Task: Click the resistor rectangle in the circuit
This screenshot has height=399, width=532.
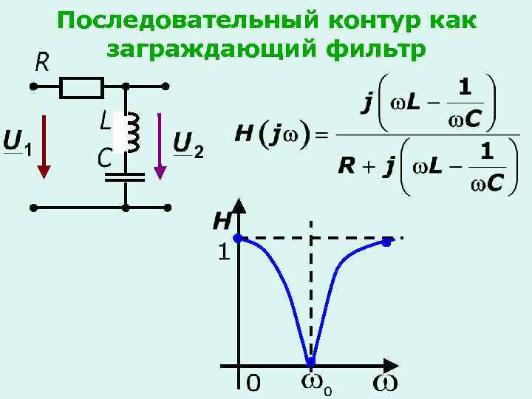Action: point(81,87)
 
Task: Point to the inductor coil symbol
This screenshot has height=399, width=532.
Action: point(133,132)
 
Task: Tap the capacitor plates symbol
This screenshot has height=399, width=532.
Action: point(126,177)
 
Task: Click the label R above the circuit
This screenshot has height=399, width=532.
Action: point(42,63)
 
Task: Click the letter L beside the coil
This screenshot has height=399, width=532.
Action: point(105,120)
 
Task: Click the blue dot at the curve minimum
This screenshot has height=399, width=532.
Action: point(311,362)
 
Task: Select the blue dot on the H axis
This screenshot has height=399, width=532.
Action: point(238,238)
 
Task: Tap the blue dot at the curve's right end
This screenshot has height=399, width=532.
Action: point(386,241)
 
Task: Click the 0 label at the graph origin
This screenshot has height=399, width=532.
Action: point(253,383)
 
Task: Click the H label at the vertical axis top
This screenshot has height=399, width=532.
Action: point(222,221)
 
